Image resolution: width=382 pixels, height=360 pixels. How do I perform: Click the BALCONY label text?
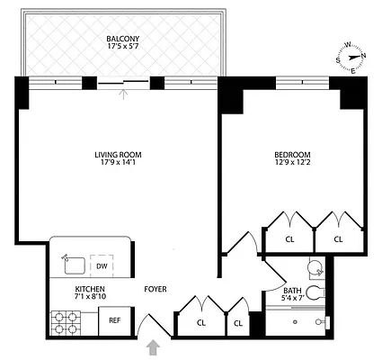[x=123, y=39]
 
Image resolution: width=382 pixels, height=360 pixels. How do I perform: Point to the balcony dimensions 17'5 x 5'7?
[x=123, y=48]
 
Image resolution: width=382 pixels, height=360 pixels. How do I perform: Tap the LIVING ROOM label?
[x=119, y=155]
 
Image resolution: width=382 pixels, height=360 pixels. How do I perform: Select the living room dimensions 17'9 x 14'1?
[x=119, y=164]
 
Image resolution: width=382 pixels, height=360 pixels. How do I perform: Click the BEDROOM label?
[x=292, y=155]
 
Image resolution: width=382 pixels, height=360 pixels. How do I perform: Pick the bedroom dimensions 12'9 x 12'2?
[x=292, y=164]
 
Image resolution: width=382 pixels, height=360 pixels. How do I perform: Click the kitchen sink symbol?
[x=73, y=265]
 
